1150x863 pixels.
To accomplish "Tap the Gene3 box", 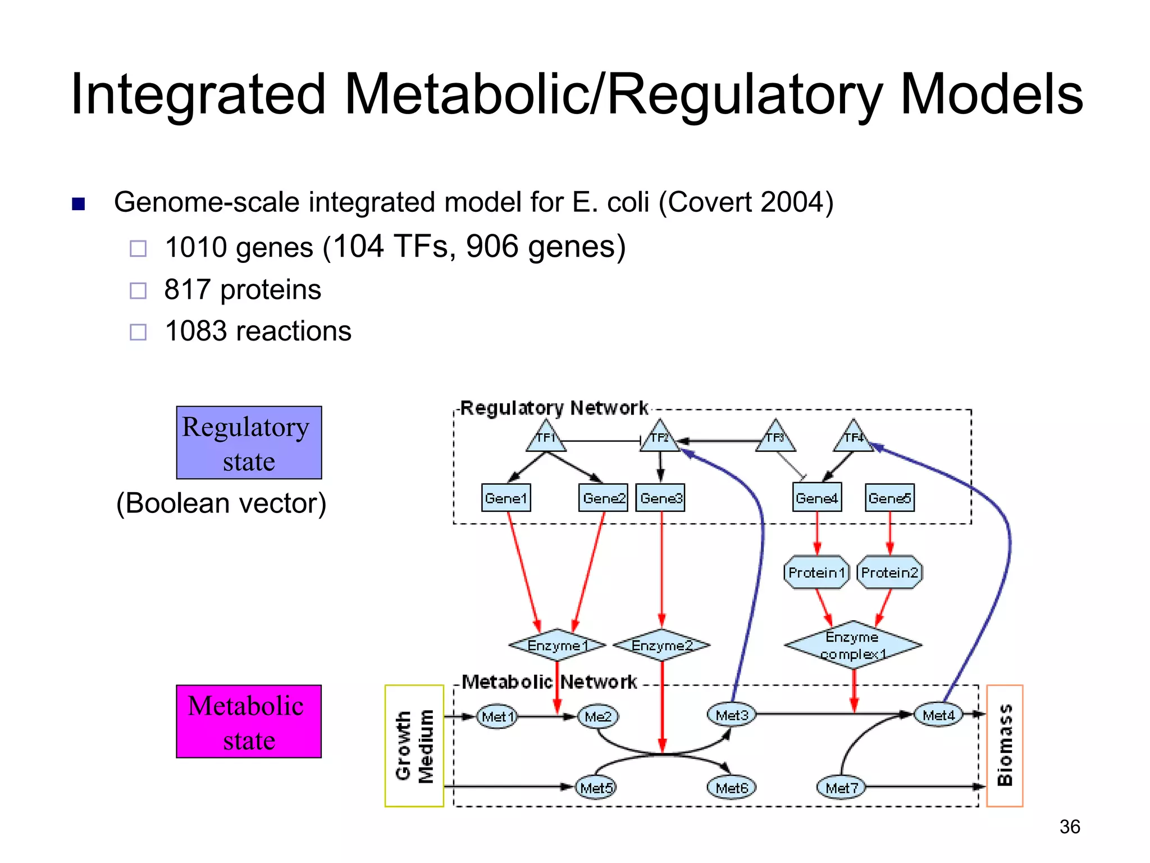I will [x=660, y=498].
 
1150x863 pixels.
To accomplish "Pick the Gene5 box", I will [x=889, y=498].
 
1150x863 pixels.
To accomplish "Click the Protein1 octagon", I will [x=816, y=573].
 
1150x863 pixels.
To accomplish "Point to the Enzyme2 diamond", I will [x=661, y=646].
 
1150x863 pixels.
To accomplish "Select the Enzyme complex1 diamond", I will [x=853, y=645].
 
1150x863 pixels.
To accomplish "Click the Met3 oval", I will [x=732, y=715].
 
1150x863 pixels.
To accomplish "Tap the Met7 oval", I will [x=841, y=788].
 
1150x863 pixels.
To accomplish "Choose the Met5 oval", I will [x=596, y=788].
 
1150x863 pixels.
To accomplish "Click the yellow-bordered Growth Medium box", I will [x=414, y=746].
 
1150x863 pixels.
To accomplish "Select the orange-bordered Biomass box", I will [x=1005, y=746].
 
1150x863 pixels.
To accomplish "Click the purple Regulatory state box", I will [x=249, y=443].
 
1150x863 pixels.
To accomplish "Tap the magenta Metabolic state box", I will [x=249, y=721].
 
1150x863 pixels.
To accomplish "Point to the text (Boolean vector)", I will [x=221, y=503].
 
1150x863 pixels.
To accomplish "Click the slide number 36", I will [x=1069, y=826].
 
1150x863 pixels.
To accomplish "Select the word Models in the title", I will [x=991, y=94].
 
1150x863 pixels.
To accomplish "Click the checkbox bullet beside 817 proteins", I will [x=138, y=290].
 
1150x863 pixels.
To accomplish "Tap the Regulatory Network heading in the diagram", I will [x=554, y=408].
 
